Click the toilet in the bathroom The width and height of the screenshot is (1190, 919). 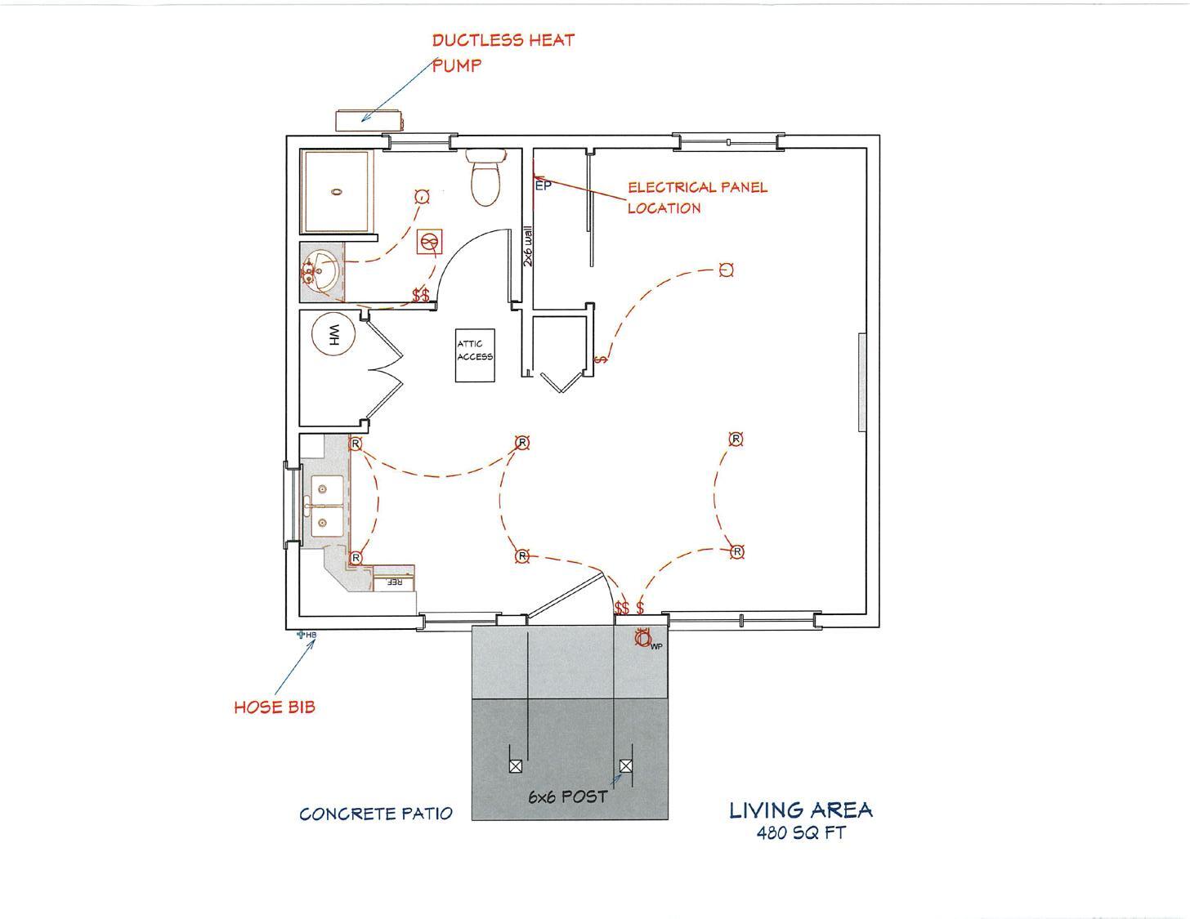pyautogui.click(x=485, y=181)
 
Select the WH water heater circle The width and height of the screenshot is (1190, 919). pyautogui.click(x=333, y=335)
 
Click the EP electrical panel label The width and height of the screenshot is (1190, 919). pyautogui.click(x=543, y=185)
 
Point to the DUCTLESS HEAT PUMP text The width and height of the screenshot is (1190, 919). pyautogui.click(x=502, y=51)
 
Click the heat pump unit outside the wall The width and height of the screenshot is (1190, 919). pyautogui.click(x=369, y=119)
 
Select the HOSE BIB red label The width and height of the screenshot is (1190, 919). pyautogui.click(x=274, y=707)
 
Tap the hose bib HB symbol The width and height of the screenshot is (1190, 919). pyautogui.click(x=302, y=634)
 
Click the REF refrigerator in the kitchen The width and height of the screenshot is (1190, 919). pyautogui.click(x=395, y=582)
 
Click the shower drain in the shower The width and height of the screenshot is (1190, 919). pyautogui.click(x=336, y=193)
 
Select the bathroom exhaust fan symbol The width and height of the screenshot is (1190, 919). pyautogui.click(x=429, y=242)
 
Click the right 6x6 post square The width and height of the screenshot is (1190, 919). pyautogui.click(x=625, y=766)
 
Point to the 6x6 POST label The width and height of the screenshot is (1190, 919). pyautogui.click(x=567, y=796)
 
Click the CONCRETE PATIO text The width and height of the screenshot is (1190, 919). pyautogui.click(x=375, y=814)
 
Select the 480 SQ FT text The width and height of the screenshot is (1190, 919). pyautogui.click(x=801, y=834)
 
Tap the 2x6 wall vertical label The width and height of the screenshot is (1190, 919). pyautogui.click(x=528, y=246)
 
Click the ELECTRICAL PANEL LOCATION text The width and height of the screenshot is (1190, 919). pyautogui.click(x=696, y=197)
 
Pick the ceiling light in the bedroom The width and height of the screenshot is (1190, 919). pyautogui.click(x=726, y=270)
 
